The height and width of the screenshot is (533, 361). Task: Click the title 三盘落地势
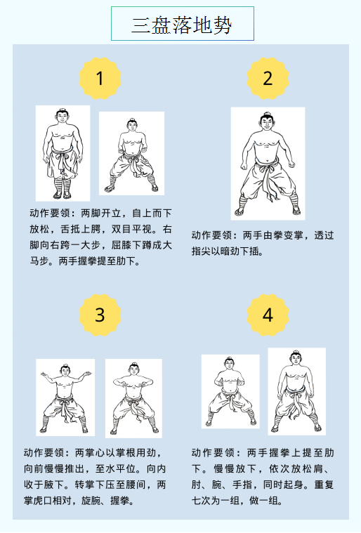[182, 25]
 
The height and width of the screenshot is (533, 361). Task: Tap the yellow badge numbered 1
[100, 78]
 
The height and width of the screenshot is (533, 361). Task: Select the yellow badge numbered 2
[268, 78]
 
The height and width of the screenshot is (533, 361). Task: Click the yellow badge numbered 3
[100, 315]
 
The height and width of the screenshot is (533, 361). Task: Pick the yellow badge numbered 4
[268, 315]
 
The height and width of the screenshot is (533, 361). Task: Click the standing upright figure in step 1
[63, 153]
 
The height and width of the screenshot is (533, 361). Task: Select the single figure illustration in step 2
[268, 164]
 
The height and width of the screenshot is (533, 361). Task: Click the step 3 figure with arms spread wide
[65, 397]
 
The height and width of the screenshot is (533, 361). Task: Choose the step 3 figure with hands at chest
[133, 398]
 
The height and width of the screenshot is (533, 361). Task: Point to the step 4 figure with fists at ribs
[230, 391]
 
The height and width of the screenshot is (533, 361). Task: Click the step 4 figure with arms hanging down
[297, 391]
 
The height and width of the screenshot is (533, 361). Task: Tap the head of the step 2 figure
[267, 121]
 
